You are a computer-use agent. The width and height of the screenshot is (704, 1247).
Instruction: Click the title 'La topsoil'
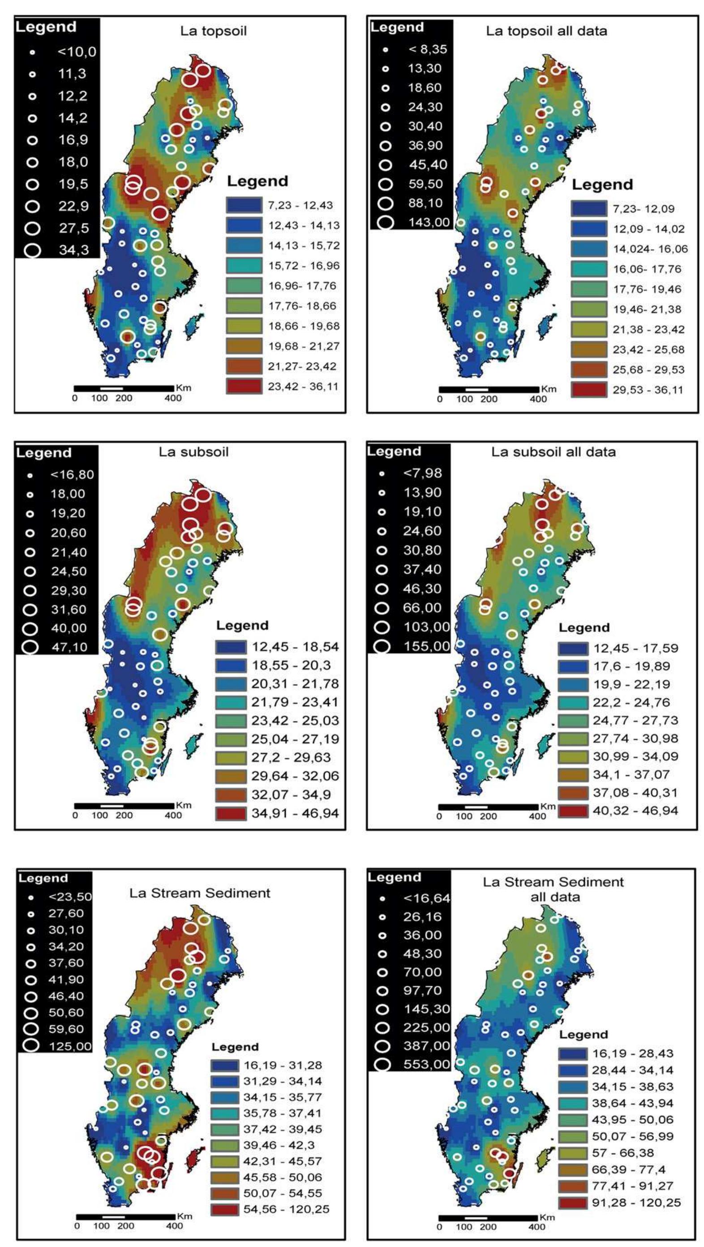tap(213, 31)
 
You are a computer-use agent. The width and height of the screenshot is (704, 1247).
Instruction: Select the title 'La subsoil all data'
tap(554, 452)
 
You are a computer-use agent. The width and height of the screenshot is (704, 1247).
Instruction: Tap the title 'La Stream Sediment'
tap(199, 893)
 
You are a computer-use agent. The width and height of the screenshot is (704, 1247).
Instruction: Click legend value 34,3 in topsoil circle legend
tap(73, 250)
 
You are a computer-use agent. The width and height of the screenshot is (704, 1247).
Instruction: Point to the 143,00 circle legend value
tap(429, 222)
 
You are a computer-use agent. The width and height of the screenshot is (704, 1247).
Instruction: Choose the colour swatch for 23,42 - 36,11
tap(244, 386)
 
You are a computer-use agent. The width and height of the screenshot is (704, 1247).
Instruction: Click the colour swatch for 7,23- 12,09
tap(588, 209)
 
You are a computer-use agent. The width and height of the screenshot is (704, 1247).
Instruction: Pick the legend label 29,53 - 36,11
tap(648, 390)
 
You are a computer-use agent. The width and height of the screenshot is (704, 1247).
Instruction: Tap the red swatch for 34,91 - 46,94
tap(231, 813)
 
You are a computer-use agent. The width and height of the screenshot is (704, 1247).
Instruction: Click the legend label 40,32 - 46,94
tap(635, 810)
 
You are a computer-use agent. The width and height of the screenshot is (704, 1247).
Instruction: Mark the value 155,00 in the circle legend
tap(426, 646)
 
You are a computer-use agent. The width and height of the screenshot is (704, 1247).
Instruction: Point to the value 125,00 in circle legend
tap(70, 1046)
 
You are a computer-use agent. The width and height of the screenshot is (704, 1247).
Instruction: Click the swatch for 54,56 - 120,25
tap(224, 1209)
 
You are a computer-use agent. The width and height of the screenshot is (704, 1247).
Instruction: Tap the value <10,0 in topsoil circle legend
tap(77, 52)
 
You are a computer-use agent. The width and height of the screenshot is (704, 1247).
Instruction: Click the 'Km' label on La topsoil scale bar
tap(183, 388)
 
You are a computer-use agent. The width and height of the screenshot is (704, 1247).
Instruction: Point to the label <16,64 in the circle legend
tap(426, 899)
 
